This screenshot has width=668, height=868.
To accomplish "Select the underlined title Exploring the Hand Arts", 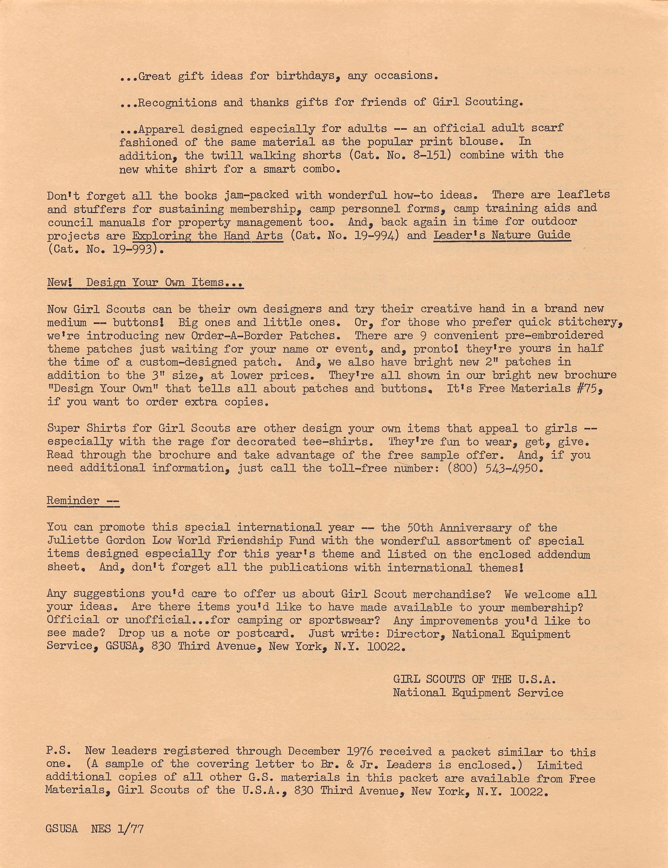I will point(208,235).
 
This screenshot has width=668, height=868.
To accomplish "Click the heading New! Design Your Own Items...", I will point(145,283).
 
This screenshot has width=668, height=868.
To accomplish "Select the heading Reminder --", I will point(83,500).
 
